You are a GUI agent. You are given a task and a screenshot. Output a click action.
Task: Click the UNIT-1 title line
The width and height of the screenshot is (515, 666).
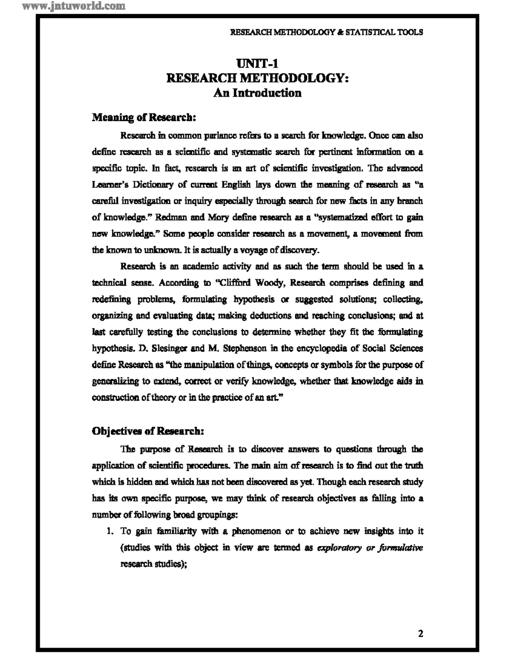[257, 64]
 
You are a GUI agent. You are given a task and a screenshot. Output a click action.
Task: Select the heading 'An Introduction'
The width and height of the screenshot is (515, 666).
[257, 93]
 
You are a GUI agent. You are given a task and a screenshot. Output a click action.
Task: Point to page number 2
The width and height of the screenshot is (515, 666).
[421, 633]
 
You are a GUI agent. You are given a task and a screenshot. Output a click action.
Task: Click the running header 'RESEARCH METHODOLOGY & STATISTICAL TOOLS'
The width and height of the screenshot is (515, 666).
[327, 32]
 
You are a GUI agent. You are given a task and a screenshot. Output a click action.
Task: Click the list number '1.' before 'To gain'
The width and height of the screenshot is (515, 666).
[110, 531]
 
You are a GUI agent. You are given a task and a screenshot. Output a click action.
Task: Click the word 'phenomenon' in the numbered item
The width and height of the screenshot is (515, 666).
[256, 531]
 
